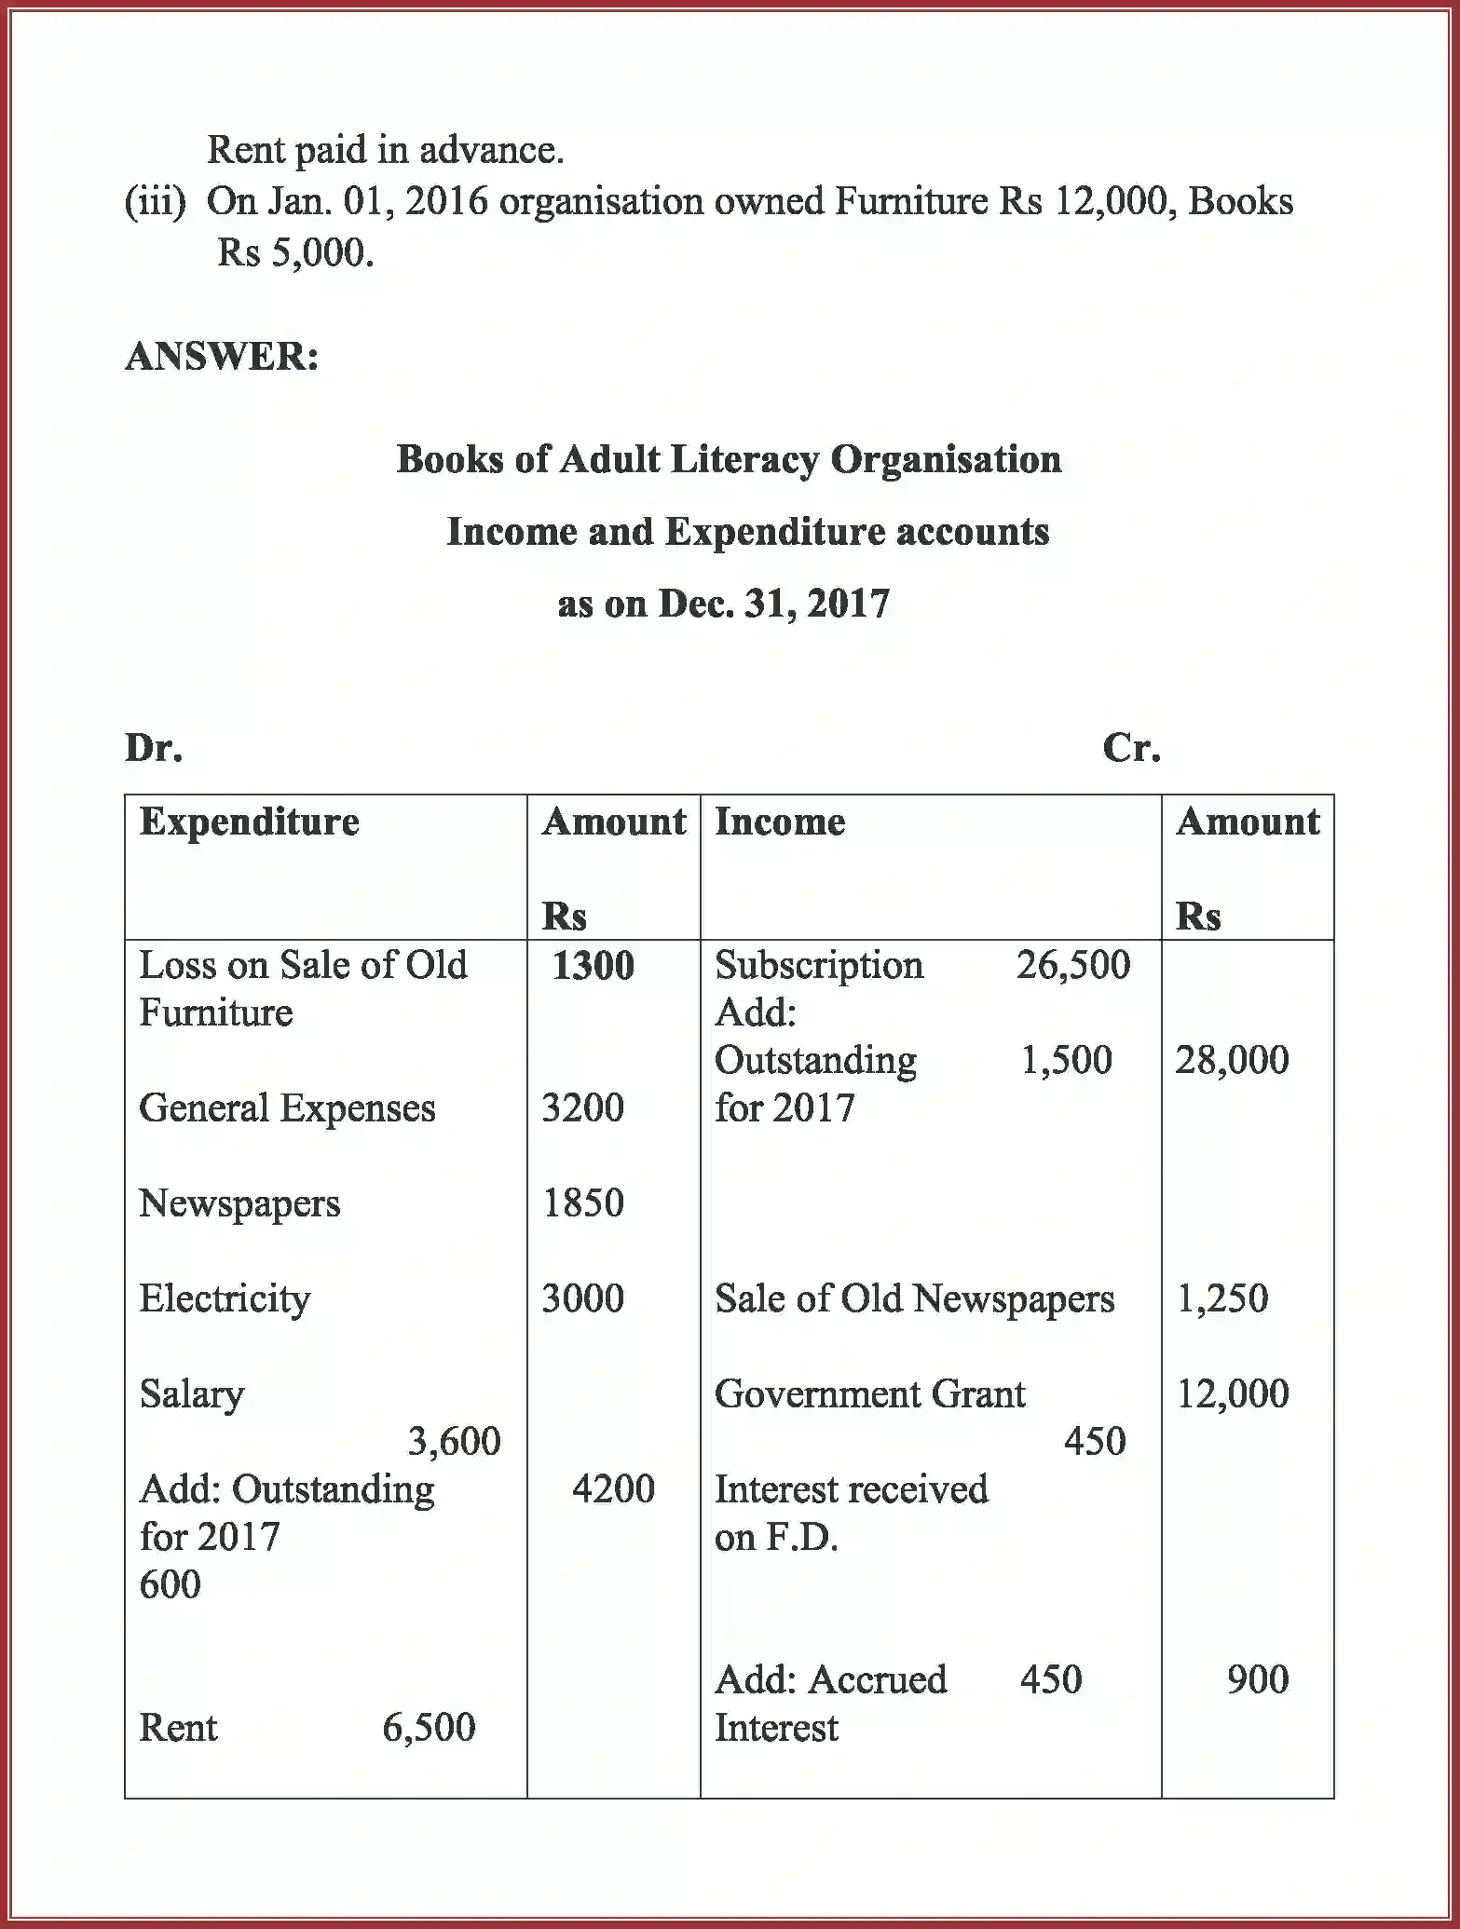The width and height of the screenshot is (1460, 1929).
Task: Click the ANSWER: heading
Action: coord(222,357)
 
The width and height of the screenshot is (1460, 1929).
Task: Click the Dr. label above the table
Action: coord(154,748)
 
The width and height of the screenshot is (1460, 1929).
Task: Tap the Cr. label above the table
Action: coord(1131,748)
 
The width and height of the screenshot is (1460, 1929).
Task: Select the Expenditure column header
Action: coord(249,822)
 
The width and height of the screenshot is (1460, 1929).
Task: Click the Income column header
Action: coord(780,822)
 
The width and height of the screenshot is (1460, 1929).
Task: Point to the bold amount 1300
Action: coord(593,966)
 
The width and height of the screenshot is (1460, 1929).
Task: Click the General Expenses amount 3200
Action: coord(582,1108)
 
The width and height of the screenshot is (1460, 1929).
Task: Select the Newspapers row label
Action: coord(239,1203)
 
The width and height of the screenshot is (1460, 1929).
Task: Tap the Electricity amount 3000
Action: coord(582,1298)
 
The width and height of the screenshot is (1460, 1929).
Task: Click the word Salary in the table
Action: coord(192,1394)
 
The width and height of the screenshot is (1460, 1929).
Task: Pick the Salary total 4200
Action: coord(613,1489)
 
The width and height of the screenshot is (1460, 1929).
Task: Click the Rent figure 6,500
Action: coord(429,1728)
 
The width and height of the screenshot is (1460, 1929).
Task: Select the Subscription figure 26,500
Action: coord(1073,965)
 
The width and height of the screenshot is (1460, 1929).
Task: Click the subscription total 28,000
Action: coord(1232,1060)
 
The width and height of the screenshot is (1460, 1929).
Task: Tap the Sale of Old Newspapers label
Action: coord(914,1298)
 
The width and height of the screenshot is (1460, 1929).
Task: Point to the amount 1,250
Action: coord(1221,1298)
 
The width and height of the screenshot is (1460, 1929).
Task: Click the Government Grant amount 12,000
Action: coord(1232,1394)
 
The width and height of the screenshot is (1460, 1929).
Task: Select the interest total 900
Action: coord(1257,1680)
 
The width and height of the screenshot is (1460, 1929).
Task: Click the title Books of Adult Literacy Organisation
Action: coord(729,460)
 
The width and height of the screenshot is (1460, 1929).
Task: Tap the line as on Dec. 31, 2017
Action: coord(723,605)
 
